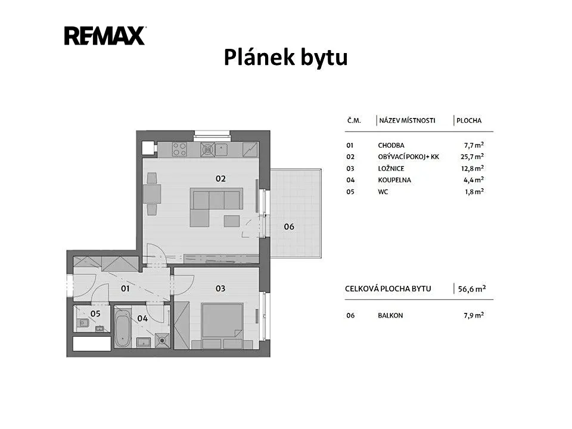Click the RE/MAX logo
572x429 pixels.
pyautogui.click(x=105, y=36)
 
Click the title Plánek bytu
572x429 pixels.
pyautogui.click(x=285, y=58)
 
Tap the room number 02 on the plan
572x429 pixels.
pyautogui.click(x=220, y=178)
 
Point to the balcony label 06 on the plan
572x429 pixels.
pyautogui.click(x=289, y=226)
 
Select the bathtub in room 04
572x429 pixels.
pyautogui.click(x=122, y=328)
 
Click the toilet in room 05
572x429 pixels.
pyautogui.click(x=83, y=322)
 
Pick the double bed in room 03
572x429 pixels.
pyautogui.click(x=222, y=321)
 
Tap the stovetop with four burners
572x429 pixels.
pyautogui.click(x=179, y=149)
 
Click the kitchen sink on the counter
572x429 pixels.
pyautogui.click(x=221, y=149)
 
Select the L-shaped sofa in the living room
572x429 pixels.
pyautogui.click(x=216, y=207)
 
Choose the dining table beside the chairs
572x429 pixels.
pyautogui.click(x=152, y=194)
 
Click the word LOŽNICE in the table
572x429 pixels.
pyautogui.click(x=391, y=169)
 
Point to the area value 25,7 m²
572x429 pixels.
pyautogui.click(x=472, y=157)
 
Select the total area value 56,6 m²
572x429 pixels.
pyautogui.click(x=472, y=289)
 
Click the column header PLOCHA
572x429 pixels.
pyautogui.click(x=469, y=120)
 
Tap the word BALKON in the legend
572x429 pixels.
pyautogui.click(x=390, y=316)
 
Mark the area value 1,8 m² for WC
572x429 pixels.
pyautogui.click(x=474, y=191)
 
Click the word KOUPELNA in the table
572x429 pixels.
pyautogui.click(x=394, y=180)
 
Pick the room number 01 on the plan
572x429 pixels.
pyautogui.click(x=125, y=288)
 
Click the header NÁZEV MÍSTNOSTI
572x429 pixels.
pyautogui.click(x=407, y=120)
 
